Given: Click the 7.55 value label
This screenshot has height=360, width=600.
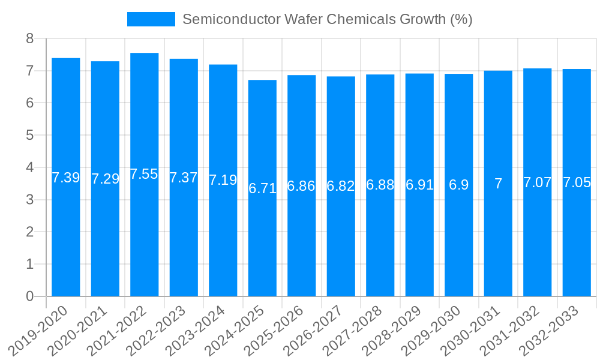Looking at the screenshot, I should tap(145, 174).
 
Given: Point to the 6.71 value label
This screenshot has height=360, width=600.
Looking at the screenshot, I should tap(262, 188).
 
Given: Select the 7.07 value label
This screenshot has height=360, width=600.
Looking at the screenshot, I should tap(537, 182).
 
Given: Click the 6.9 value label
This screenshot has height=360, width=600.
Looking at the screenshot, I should tap(459, 185).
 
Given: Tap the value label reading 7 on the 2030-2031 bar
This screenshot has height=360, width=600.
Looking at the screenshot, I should tap(498, 184).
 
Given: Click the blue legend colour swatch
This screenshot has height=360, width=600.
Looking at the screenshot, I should tap(151, 19).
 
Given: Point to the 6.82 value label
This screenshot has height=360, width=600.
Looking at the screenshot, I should tap(341, 186).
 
